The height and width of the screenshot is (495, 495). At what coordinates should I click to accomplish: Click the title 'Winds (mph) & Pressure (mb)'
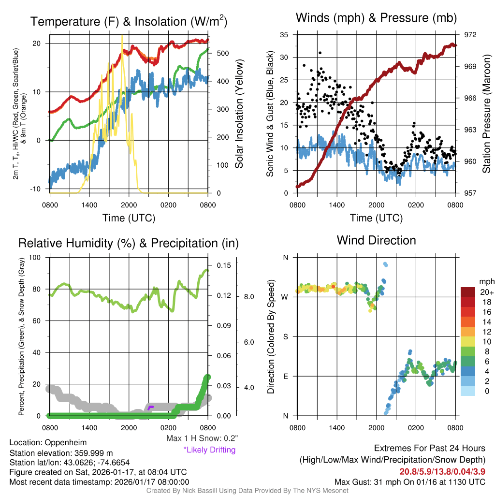tap(376, 18)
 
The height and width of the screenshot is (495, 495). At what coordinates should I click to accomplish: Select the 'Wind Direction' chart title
tap(376, 240)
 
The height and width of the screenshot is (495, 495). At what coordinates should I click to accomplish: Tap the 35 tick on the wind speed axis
tap(284, 35)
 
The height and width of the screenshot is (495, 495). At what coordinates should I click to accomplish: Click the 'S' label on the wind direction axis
tap(285, 336)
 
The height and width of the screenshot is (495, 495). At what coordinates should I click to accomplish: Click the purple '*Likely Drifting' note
tap(209, 450)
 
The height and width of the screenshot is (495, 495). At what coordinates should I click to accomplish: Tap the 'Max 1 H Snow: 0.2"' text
tap(202, 438)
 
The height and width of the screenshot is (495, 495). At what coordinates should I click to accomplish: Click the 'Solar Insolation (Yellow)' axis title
tap(239, 114)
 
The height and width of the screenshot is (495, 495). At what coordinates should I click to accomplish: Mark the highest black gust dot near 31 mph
tap(320, 53)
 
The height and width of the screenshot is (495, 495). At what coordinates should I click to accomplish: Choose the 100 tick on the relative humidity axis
tap(35, 257)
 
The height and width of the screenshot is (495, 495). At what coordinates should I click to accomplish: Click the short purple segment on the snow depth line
tap(150, 408)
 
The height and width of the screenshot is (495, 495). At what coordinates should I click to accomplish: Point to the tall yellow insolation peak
tap(122, 37)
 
